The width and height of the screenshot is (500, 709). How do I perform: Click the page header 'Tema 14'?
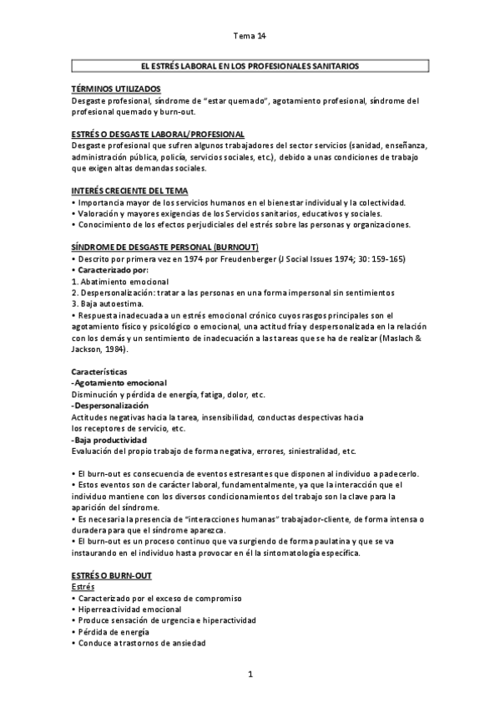250,36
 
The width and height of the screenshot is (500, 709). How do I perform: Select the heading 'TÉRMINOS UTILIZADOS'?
116,89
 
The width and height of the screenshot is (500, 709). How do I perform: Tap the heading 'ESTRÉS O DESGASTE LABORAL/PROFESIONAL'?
158,134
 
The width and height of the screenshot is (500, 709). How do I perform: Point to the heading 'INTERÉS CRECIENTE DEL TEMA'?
129,191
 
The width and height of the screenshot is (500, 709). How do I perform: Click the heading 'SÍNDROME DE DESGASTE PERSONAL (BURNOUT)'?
165,247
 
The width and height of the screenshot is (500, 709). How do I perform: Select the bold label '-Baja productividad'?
109,439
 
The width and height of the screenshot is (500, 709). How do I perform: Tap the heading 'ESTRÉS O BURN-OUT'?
111,576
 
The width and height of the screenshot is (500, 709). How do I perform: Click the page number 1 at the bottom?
250,674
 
